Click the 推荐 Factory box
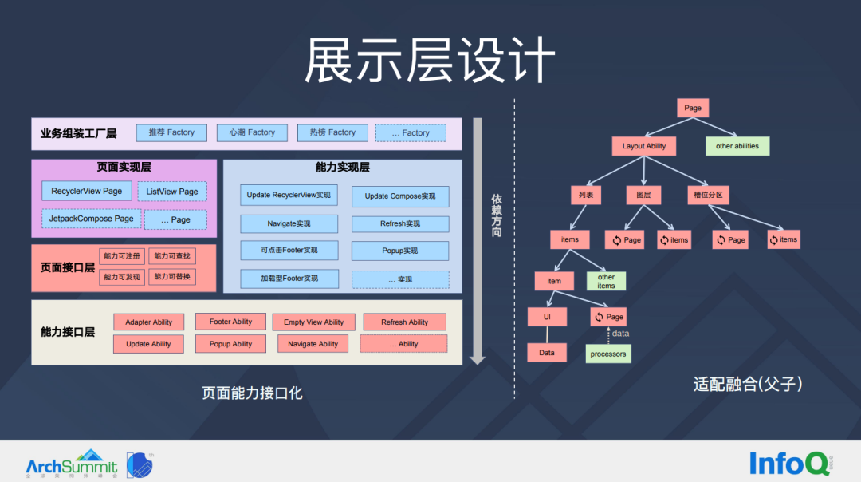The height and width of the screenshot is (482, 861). (171, 132)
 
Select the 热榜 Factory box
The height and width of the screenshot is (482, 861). (332, 132)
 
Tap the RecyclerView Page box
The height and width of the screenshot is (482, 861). (87, 191)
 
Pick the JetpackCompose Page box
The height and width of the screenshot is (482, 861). (91, 219)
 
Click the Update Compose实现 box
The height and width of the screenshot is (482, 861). (400, 196)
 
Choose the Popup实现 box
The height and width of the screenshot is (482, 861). (400, 251)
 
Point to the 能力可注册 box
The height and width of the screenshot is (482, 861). (122, 256)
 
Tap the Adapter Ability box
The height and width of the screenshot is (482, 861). (149, 322)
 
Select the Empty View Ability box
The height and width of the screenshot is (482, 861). (313, 322)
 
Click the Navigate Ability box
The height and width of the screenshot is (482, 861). (313, 344)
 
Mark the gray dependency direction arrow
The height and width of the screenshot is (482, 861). (477, 239)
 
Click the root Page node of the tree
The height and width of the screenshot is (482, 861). (693, 108)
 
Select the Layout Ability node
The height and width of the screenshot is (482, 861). (644, 146)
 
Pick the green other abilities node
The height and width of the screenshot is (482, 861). (737, 146)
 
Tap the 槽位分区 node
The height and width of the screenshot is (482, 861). (709, 195)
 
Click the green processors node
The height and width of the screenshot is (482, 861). (608, 354)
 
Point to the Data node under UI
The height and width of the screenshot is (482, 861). (547, 353)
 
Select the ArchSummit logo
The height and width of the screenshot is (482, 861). (72, 464)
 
